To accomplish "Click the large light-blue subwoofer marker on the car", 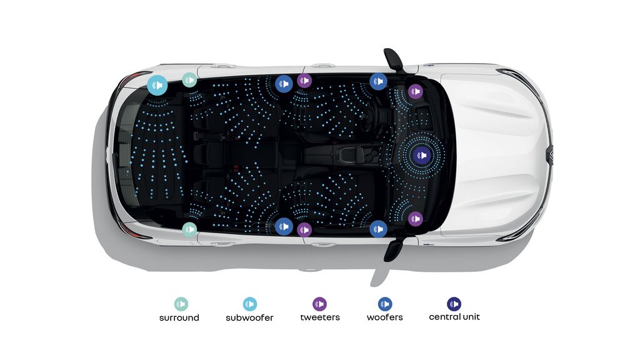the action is (157, 85).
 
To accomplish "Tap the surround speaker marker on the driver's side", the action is (189, 80).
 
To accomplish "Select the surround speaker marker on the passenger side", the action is (189, 229).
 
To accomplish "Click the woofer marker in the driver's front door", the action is (378, 81).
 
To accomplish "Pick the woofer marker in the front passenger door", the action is (378, 229).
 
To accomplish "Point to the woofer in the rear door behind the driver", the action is (284, 84).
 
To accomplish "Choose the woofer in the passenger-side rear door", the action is (284, 226).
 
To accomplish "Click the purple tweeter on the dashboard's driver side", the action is (415, 91).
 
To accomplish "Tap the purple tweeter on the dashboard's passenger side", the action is (415, 219).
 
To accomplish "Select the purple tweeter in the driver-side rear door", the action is (304, 81).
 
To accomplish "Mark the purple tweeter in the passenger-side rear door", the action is (304, 230).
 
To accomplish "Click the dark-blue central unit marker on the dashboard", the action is (422, 156).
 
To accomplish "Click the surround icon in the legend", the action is (181, 304).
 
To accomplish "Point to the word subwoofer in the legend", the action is (249, 317).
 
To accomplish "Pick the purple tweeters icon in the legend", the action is (319, 304).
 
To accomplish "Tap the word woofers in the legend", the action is (384, 317).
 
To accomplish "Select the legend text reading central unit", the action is (454, 317).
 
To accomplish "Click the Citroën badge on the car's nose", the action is (549, 155).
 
